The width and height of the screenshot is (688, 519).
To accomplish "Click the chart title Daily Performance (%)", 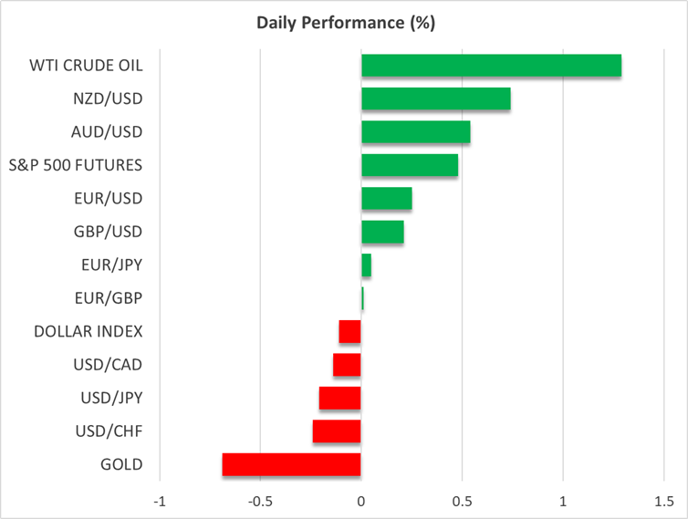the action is (346, 23).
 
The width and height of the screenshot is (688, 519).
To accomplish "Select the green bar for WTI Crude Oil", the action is (492, 66).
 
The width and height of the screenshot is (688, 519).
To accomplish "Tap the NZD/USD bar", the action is (436, 99).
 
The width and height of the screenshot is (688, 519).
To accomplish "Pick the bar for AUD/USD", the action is (416, 132).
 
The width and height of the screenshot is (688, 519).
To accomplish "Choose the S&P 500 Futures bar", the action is (410, 165).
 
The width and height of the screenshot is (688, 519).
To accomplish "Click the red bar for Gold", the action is (291, 464).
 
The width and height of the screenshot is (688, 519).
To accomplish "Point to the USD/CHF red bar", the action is (337, 431).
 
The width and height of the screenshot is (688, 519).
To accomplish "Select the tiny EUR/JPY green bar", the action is (367, 265).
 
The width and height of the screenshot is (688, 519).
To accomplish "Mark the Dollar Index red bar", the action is (349, 332).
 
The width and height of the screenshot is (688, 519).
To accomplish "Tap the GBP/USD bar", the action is (382, 232).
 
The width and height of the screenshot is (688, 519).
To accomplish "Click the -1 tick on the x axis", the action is (160, 501).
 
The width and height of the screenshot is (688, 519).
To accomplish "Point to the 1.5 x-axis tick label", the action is (664, 501).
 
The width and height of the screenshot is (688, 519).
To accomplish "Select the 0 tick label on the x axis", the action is (361, 501).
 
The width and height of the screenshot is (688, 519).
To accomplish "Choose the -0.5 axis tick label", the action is (260, 501).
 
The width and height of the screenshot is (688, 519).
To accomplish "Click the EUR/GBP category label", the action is (109, 298).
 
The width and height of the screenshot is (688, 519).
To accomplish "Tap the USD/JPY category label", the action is (111, 398).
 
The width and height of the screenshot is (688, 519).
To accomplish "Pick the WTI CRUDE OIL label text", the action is (86, 66).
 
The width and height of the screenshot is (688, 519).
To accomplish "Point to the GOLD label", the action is (121, 464).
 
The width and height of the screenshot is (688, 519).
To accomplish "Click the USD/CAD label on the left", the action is (108, 365).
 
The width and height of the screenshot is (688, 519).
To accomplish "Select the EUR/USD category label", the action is (109, 198).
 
